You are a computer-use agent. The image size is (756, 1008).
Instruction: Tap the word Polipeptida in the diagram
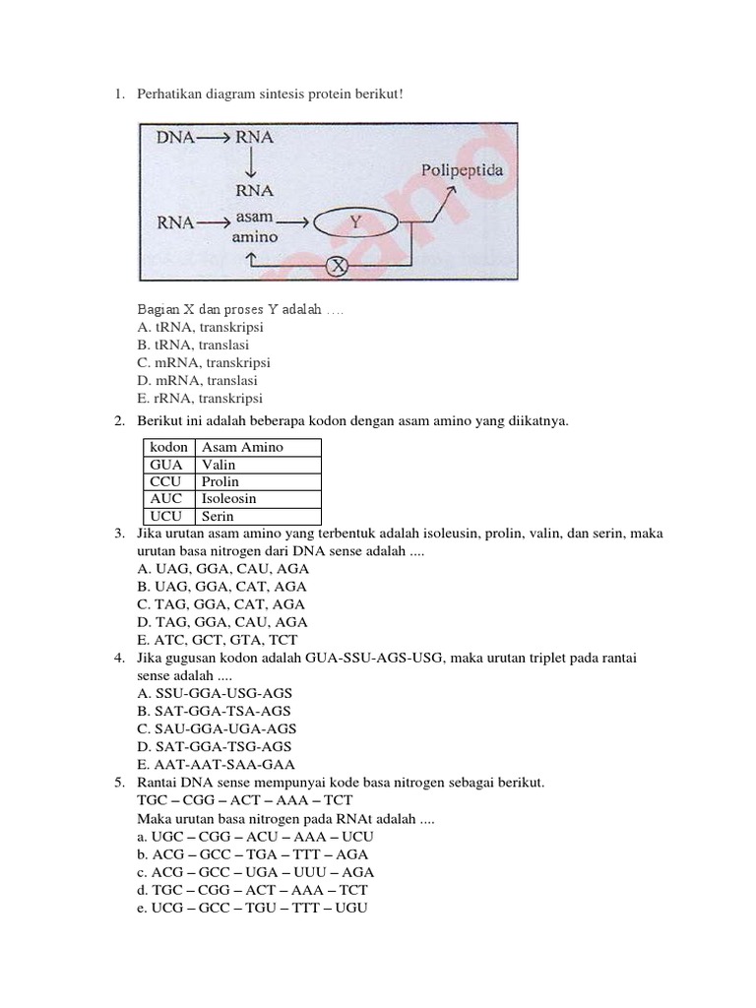(x=463, y=170)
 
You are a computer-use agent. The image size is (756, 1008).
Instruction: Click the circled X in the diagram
(x=338, y=265)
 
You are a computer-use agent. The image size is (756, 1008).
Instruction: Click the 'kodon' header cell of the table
(x=168, y=447)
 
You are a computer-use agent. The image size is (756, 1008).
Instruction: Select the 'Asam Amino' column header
(x=242, y=447)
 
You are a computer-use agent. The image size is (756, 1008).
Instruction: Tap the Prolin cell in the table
(x=220, y=481)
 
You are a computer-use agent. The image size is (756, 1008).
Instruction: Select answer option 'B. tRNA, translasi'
(x=193, y=346)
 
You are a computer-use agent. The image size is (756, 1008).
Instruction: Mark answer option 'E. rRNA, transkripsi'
(x=200, y=399)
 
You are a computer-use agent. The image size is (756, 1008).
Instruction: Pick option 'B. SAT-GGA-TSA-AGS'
(x=215, y=711)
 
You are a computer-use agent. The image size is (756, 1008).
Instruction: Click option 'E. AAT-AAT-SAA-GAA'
(x=217, y=764)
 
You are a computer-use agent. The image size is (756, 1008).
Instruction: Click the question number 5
(x=117, y=782)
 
